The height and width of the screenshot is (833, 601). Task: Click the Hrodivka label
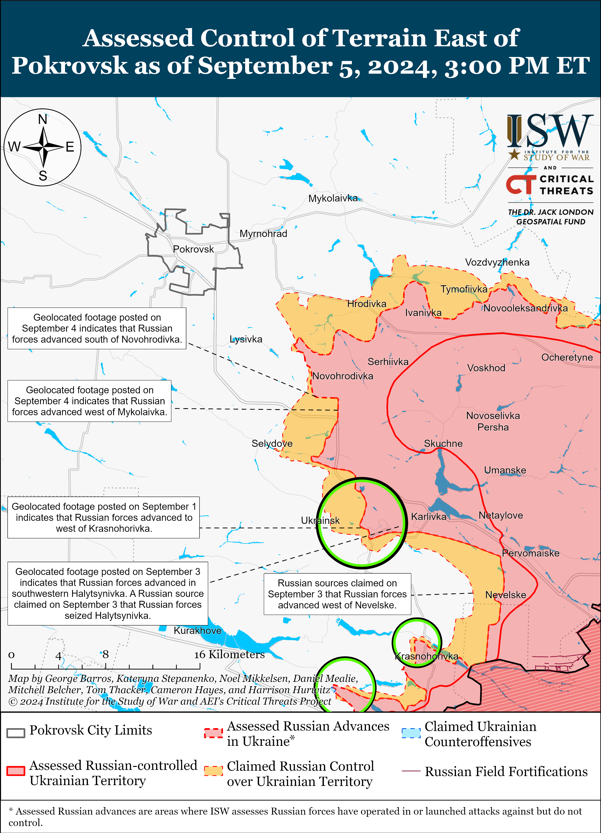pos(367,304)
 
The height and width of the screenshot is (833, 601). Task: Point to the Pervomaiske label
pos(530,553)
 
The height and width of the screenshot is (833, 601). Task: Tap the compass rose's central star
pos(43,147)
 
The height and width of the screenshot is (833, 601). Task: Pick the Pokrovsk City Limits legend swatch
pos(16,732)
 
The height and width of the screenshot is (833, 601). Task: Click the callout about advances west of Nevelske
pos(337,594)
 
